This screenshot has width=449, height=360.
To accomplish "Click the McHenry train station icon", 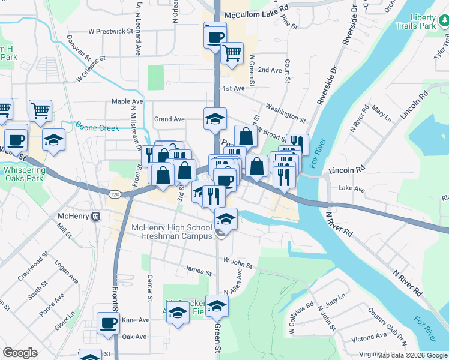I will pos(95,216).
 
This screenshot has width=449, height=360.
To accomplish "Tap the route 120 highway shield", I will pos(114,194).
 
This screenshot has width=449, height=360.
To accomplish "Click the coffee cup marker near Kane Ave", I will pos(109,323).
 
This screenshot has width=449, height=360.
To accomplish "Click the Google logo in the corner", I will pos(20,353).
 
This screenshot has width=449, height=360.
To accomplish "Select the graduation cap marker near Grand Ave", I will pos(215,119).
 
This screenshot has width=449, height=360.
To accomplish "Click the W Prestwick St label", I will pos(110,31).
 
